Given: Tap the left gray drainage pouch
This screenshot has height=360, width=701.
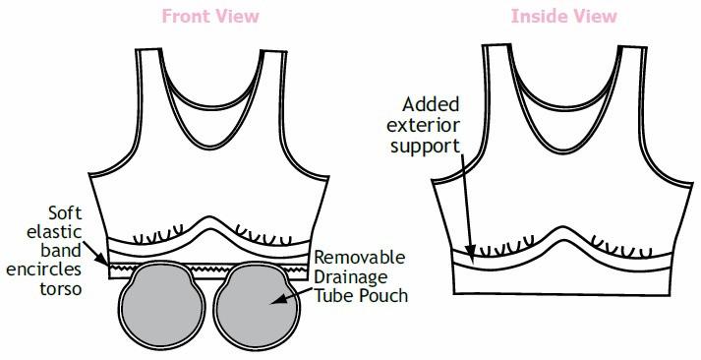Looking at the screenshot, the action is tap(162, 305).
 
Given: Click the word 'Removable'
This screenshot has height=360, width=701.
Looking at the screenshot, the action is tap(358, 258).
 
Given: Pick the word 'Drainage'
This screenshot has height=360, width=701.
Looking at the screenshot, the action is tap(353, 276).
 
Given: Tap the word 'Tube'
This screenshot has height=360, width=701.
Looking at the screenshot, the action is tap(332, 296).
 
